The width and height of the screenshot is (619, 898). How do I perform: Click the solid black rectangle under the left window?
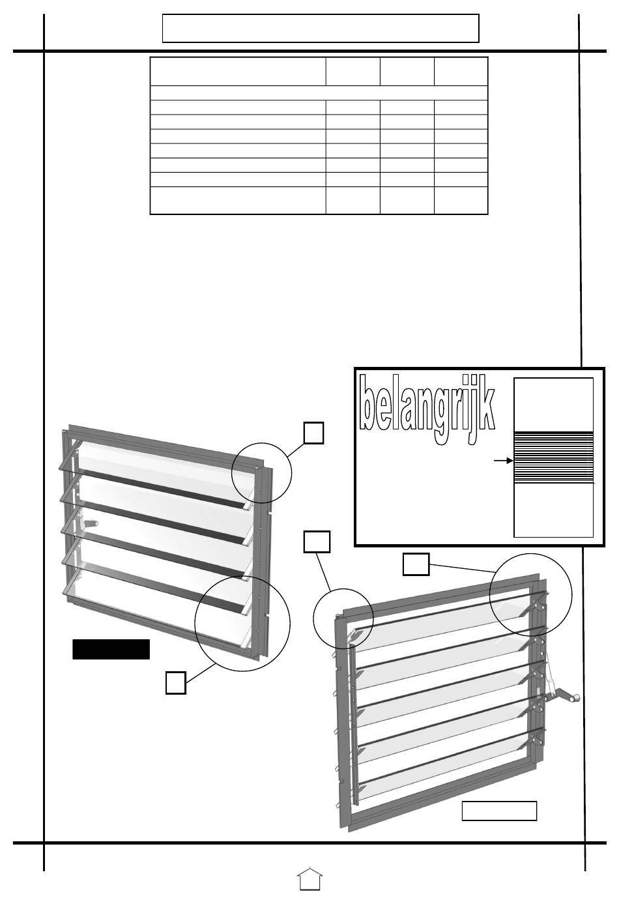pyautogui.click(x=111, y=649)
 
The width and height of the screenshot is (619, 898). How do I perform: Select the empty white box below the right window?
pyautogui.click(x=499, y=811)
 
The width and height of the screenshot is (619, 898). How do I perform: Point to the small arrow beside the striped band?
pyautogui.click(x=503, y=461)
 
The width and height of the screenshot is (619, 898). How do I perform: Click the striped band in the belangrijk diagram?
pyautogui.click(x=554, y=457)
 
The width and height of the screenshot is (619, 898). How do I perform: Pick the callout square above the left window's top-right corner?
pyautogui.click(x=314, y=433)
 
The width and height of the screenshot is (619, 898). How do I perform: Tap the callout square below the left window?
pyautogui.click(x=175, y=682)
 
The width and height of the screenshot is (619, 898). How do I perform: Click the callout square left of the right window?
pyautogui.click(x=317, y=542)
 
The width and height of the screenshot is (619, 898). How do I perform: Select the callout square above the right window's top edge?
pyautogui.click(x=415, y=564)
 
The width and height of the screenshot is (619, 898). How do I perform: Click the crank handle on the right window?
pyautogui.click(x=565, y=697)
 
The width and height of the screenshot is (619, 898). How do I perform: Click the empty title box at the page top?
pyautogui.click(x=320, y=28)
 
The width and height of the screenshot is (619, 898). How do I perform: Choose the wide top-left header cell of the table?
pyautogui.click(x=238, y=71)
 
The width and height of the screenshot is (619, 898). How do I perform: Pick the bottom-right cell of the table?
pyautogui.click(x=461, y=201)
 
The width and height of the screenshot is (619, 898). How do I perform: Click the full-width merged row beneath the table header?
pyautogui.click(x=319, y=93)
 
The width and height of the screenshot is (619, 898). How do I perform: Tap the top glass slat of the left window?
pyautogui.click(x=163, y=470)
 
